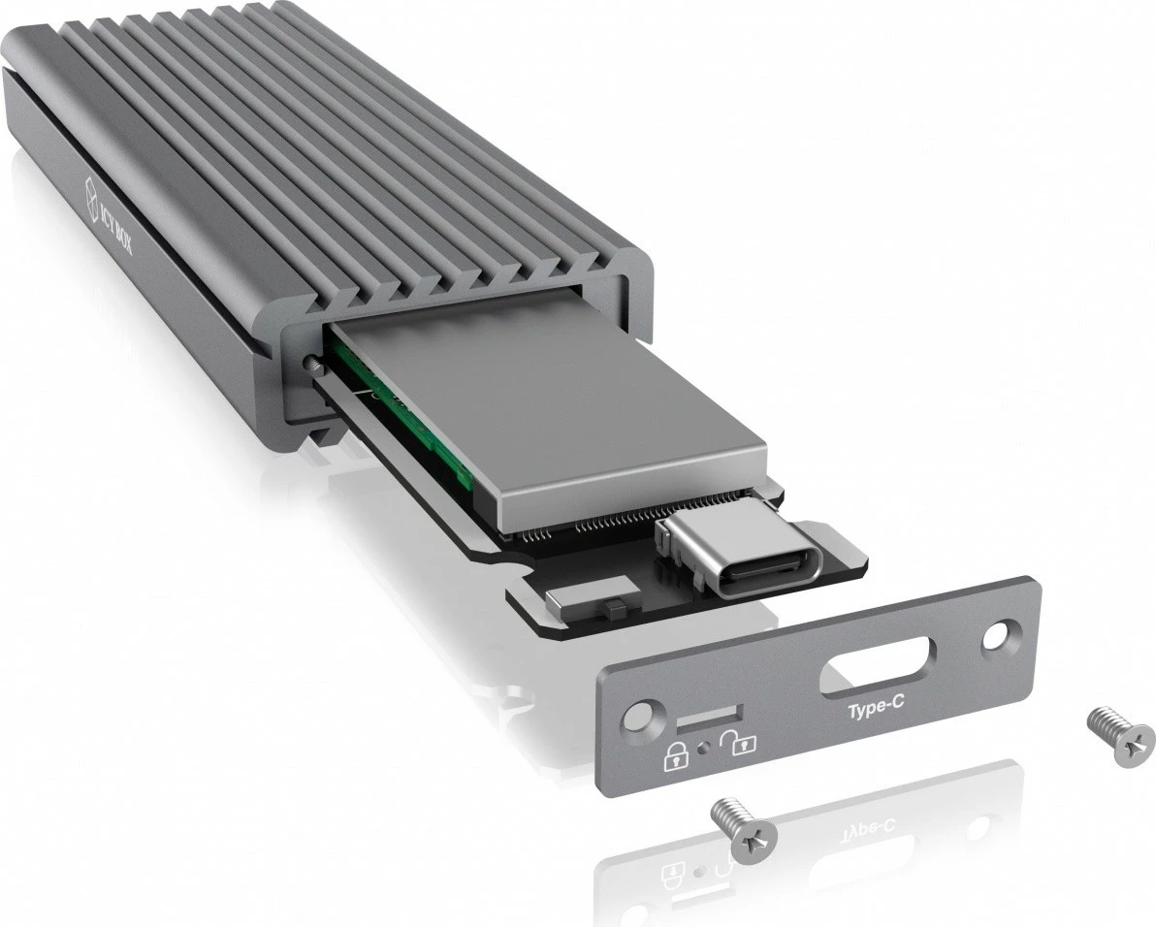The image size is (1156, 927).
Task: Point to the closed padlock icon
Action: [x=675, y=756]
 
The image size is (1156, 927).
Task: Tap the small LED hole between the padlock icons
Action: [x=709, y=749]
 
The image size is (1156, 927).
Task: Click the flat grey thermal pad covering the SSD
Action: [x=543, y=407]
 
